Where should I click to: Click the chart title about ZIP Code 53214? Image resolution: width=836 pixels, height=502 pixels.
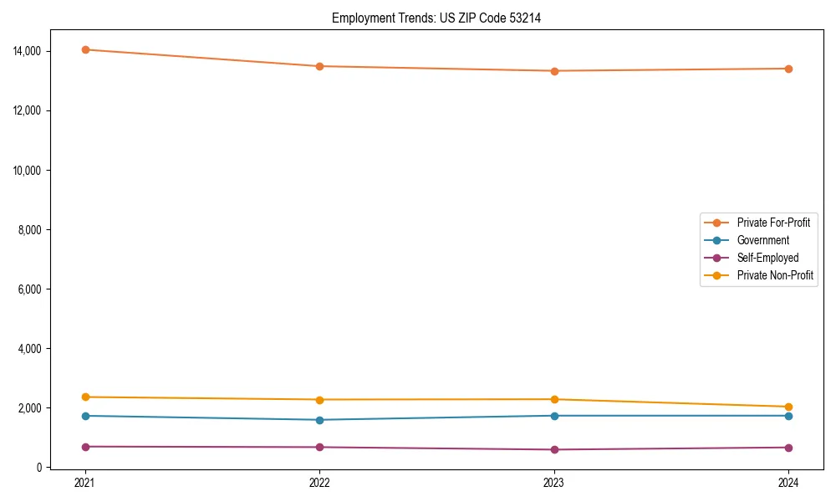[436, 18]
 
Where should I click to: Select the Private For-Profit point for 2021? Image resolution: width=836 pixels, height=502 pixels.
[84, 49]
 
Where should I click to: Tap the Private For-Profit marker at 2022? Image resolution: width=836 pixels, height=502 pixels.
[319, 66]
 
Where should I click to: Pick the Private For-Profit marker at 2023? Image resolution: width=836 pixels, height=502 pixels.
[554, 71]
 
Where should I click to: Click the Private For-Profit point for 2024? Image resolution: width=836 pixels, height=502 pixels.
[788, 69]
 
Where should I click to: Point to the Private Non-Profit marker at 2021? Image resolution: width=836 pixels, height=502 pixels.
[84, 397]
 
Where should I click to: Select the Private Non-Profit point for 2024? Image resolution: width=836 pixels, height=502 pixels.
[788, 407]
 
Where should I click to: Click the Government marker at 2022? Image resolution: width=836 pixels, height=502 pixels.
[319, 420]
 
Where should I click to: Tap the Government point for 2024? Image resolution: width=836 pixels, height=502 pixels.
[788, 416]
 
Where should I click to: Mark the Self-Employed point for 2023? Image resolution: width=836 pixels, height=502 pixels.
[554, 449]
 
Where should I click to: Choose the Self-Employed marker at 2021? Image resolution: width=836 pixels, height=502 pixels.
[84, 447]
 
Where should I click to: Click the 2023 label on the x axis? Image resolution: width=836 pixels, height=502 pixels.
[554, 483]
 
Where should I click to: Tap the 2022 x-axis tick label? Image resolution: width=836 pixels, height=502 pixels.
[319, 483]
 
